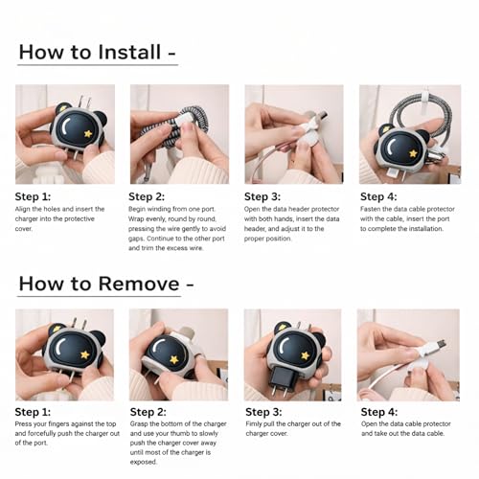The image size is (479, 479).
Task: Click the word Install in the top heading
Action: click(x=129, y=52)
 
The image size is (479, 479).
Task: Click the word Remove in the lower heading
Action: click(x=139, y=284)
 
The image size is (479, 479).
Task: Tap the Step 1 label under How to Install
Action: click(x=33, y=196)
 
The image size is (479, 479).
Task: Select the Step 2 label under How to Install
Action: click(x=147, y=196)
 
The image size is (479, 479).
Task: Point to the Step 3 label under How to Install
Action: click(x=262, y=196)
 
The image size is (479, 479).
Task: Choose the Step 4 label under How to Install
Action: click(x=378, y=196)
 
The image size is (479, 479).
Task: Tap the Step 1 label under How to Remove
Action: click(x=33, y=412)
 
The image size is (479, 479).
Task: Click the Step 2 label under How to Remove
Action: click(x=148, y=412)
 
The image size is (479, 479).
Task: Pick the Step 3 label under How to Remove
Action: click(x=263, y=412)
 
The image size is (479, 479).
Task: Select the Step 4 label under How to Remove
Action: click(x=379, y=412)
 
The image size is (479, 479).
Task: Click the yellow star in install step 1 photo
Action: click(x=88, y=133)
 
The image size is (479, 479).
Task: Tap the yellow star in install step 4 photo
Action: click(x=413, y=153)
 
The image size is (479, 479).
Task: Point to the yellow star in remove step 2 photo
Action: click(x=174, y=359)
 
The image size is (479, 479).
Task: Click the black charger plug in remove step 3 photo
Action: click(x=280, y=379)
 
